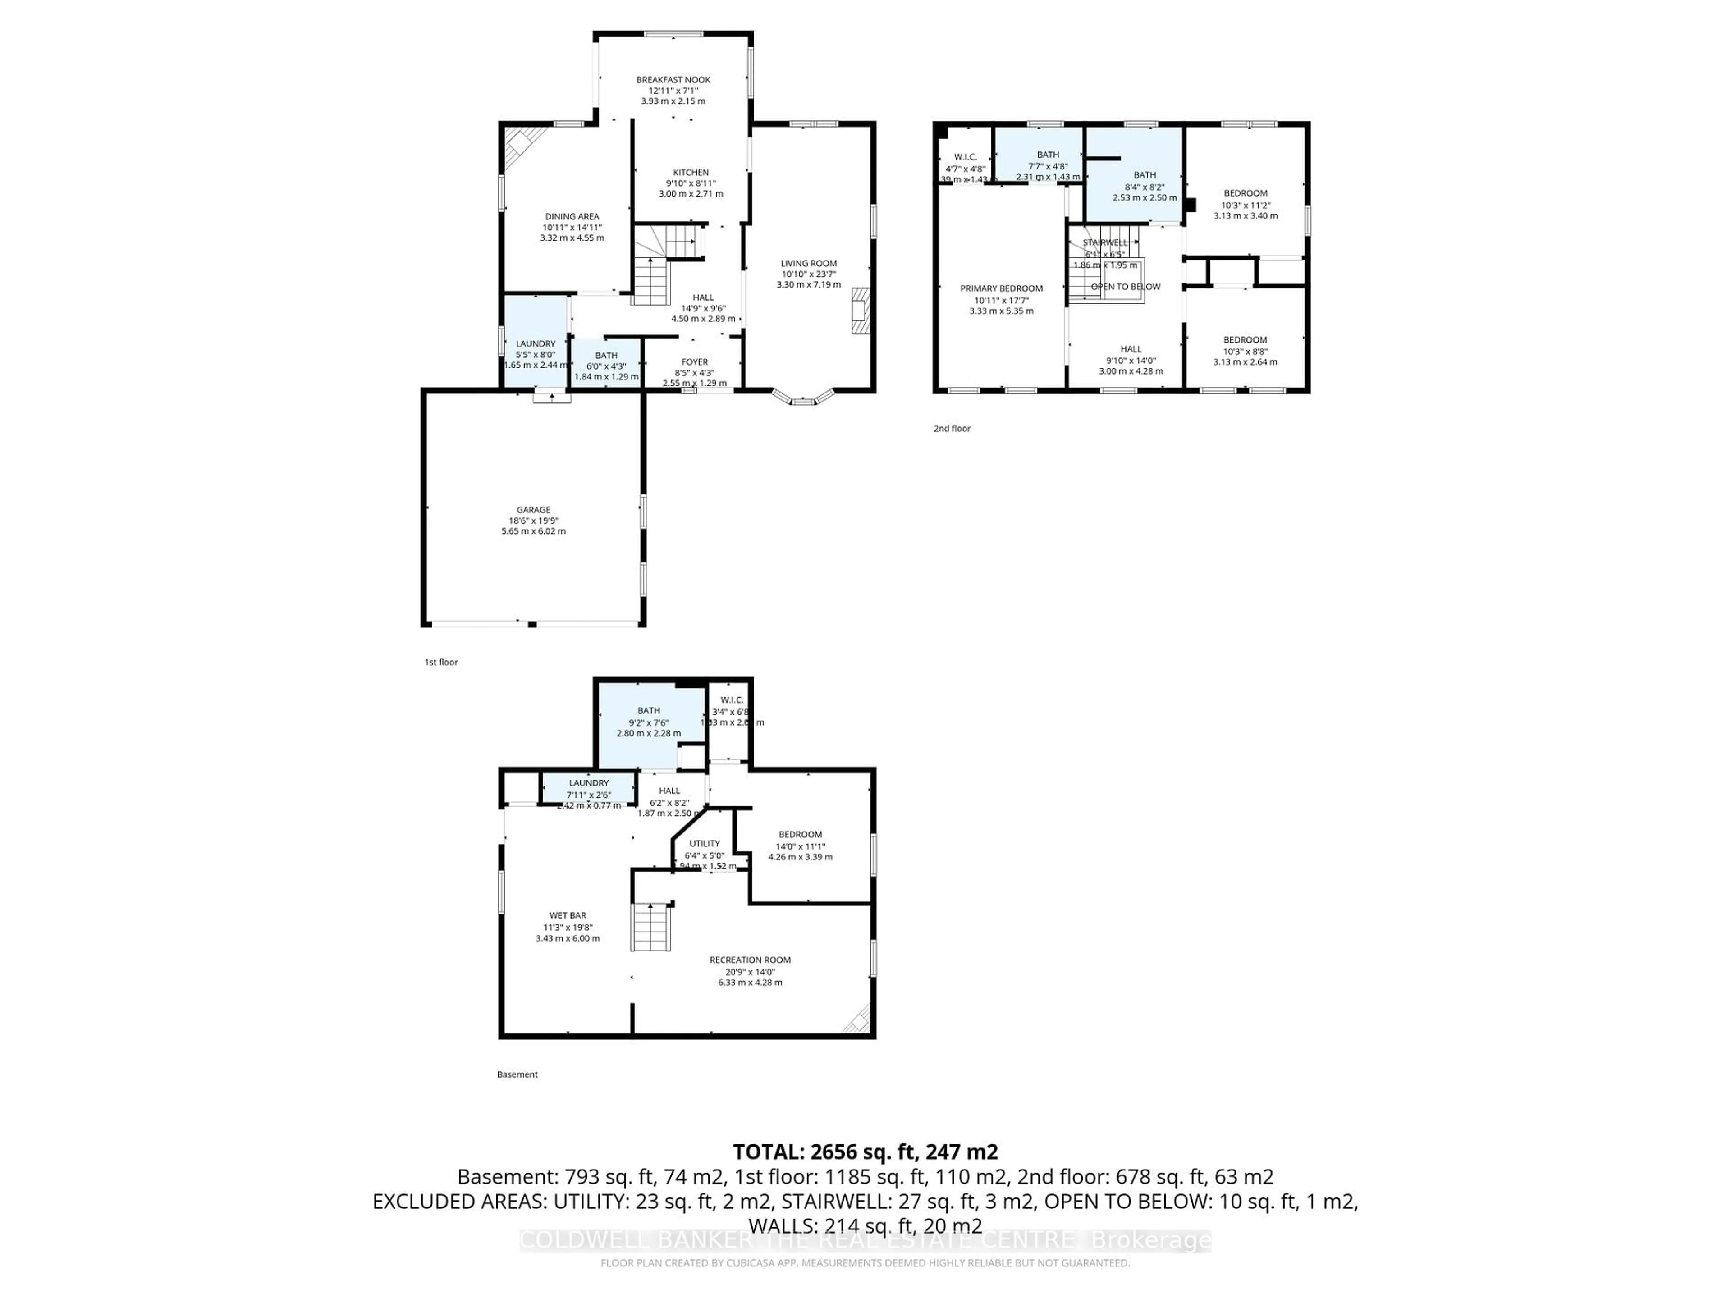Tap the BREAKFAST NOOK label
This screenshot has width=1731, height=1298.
point(673,80)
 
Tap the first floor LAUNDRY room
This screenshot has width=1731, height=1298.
point(535,344)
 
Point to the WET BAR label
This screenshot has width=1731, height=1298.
point(568,915)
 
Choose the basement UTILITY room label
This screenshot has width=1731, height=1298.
point(704,843)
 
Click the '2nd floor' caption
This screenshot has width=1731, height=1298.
point(952,429)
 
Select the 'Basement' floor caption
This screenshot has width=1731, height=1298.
point(517,1074)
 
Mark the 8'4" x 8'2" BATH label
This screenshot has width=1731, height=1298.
point(1144,175)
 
